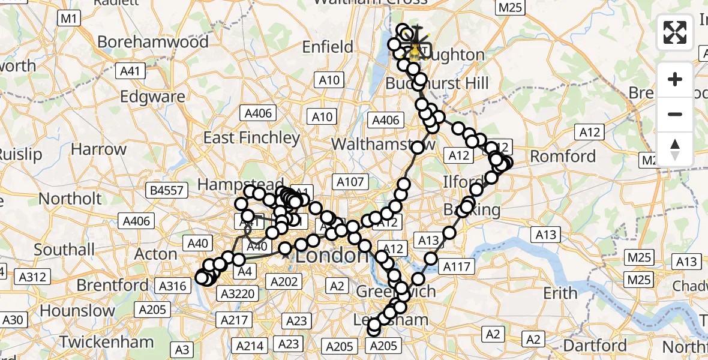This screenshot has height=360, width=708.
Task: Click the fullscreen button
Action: click(x=675, y=32)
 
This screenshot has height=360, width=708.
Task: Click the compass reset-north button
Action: click(x=675, y=149)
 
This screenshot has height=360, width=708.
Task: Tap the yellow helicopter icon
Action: click(x=415, y=53)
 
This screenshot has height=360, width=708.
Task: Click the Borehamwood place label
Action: click(x=153, y=42)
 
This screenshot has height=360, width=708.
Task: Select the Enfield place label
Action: click(x=328, y=47)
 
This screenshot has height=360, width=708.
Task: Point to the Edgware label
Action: click(x=152, y=97)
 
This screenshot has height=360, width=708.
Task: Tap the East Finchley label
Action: click(x=251, y=138)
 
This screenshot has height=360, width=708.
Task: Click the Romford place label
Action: click(x=563, y=157)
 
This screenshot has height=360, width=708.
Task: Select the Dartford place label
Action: click(x=596, y=346)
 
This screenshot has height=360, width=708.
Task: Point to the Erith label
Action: click(x=560, y=293)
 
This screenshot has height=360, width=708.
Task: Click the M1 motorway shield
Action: click(x=69, y=19)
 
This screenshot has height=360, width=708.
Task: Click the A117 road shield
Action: click(x=457, y=266)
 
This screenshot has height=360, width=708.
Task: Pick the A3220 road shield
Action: click(x=239, y=293)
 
